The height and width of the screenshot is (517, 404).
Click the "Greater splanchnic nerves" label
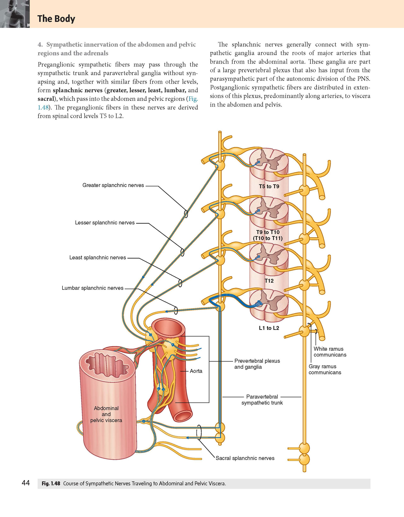113,185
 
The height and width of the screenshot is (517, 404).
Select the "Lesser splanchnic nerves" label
105,223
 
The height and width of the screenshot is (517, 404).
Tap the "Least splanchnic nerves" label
98,258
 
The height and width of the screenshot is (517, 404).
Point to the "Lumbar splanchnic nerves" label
93,288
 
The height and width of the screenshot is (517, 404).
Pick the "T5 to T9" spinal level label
269,186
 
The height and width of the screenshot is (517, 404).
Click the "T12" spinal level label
269,281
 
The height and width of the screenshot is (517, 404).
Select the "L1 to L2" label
269,328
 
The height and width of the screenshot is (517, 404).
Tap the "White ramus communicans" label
330,352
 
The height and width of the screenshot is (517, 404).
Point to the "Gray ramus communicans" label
325,369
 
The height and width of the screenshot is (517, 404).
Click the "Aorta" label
196,371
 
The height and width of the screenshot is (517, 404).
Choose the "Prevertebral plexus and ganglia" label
257,364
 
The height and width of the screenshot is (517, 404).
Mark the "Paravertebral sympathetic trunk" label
262,400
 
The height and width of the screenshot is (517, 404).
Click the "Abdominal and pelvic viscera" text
106,414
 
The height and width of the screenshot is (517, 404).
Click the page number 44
26,483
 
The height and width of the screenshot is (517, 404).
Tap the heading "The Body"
56,19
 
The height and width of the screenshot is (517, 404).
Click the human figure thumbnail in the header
15,14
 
